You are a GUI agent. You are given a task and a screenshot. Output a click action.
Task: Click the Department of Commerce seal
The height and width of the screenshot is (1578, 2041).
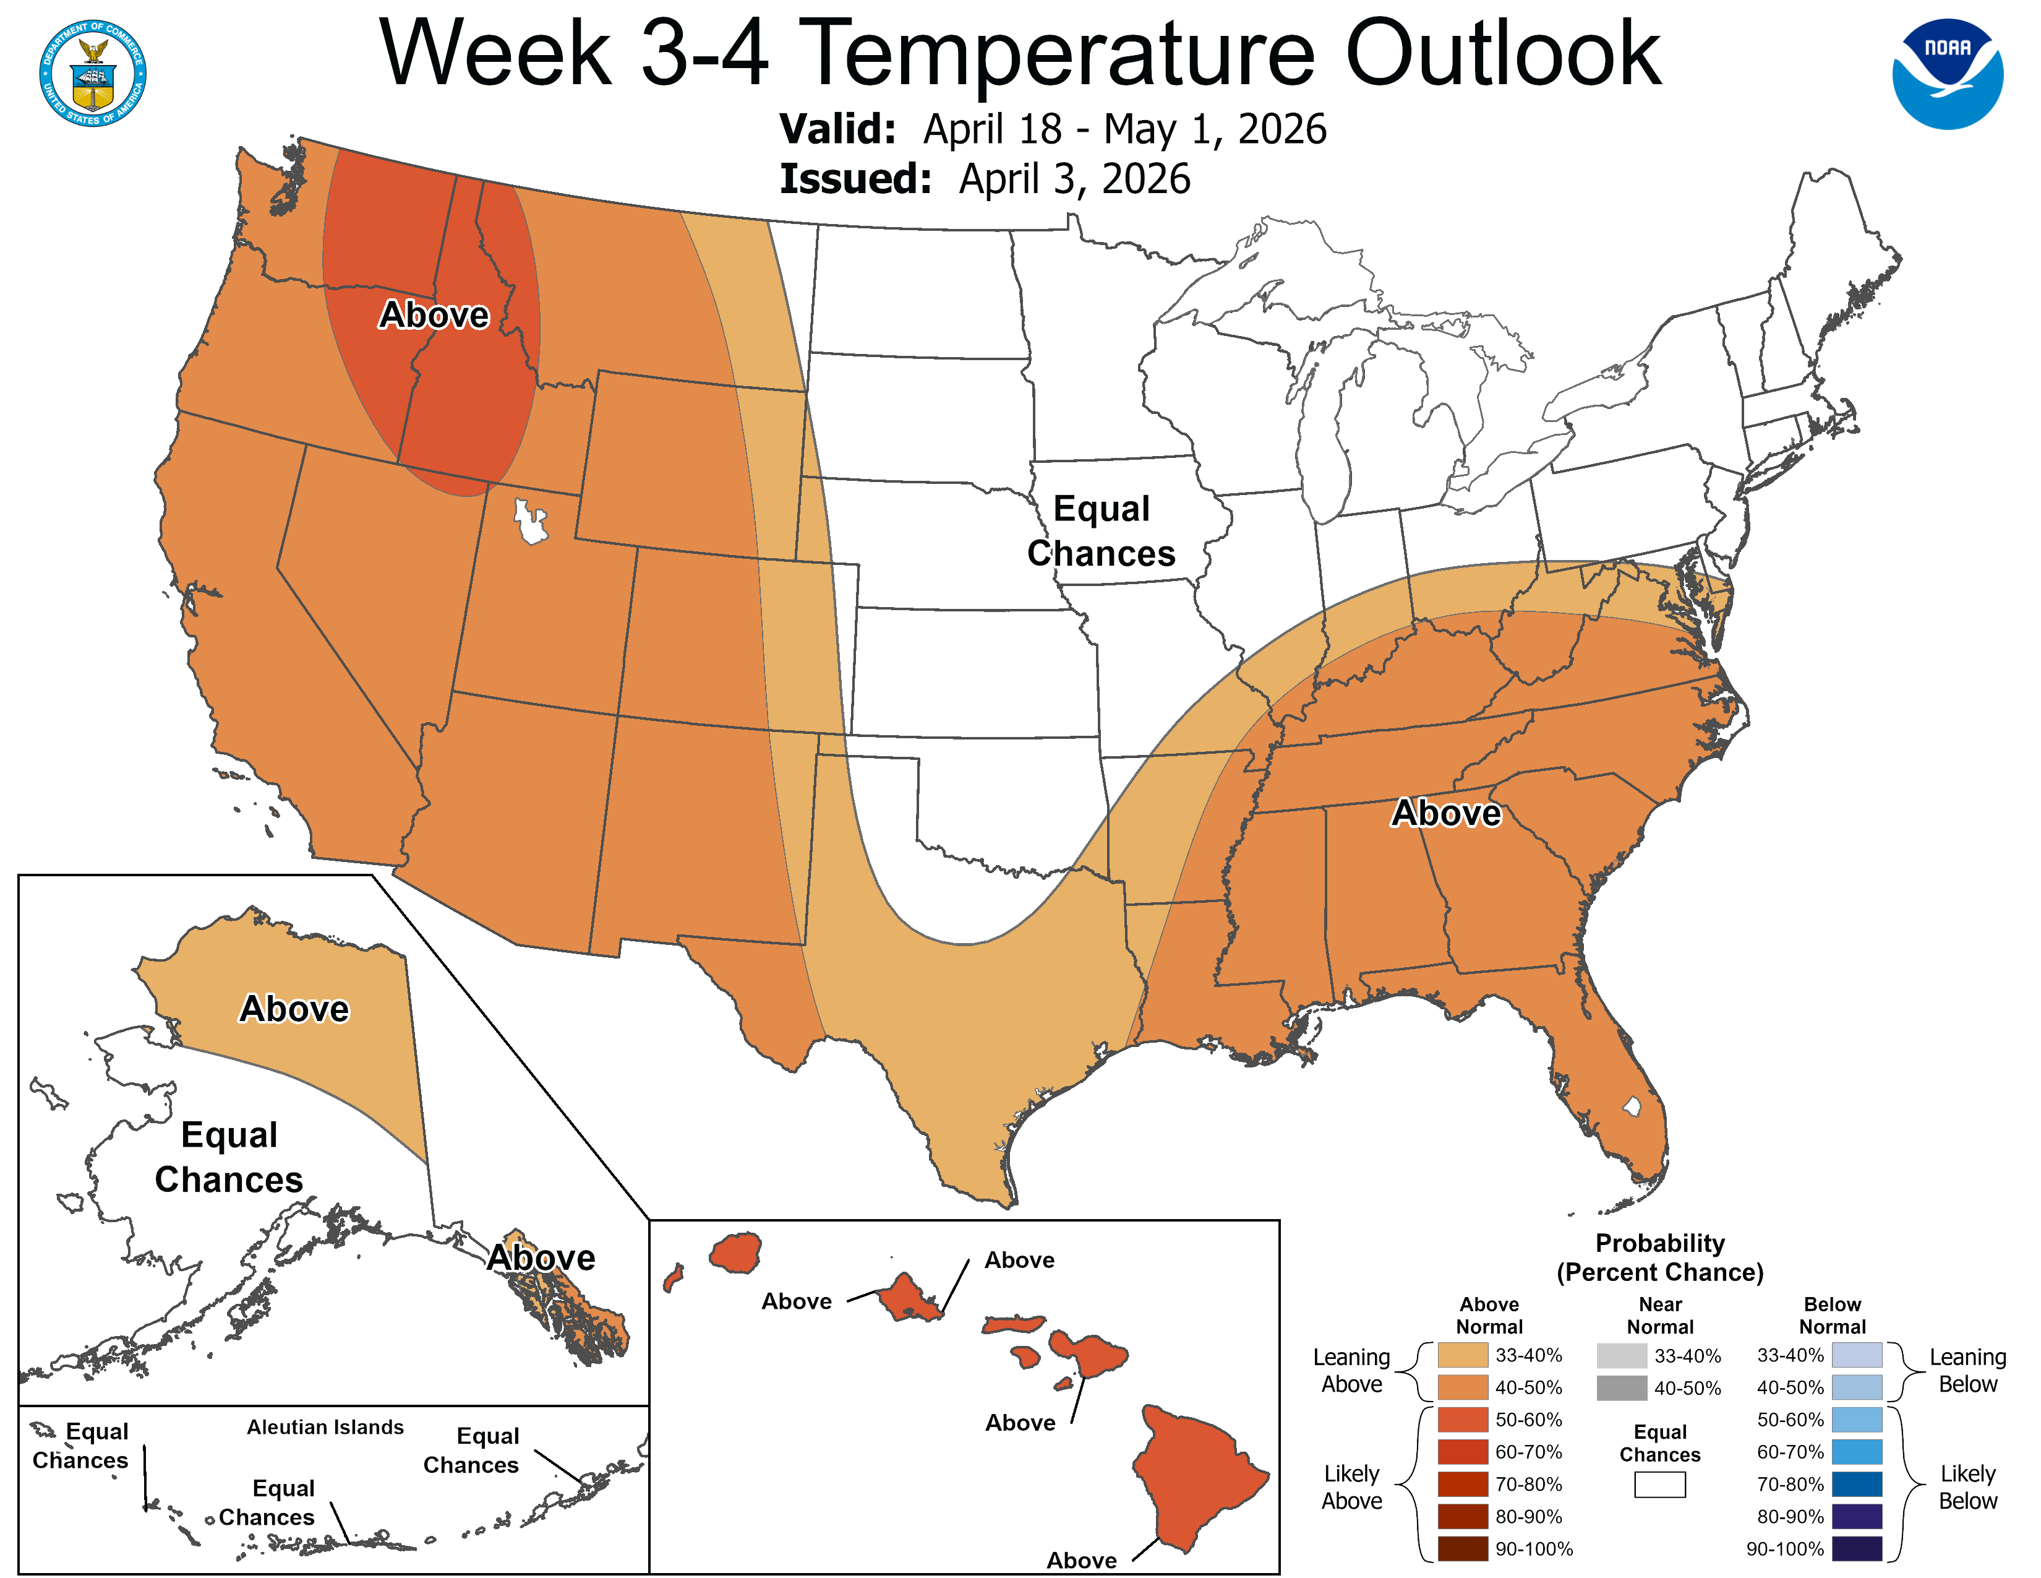tap(93, 73)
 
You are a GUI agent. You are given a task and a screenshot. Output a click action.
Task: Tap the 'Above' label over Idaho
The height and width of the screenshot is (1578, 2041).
tap(434, 315)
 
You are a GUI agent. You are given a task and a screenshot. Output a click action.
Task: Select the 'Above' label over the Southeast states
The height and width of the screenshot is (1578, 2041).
tap(1446, 813)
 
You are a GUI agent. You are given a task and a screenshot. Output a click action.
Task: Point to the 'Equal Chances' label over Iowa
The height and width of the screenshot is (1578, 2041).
tap(1101, 530)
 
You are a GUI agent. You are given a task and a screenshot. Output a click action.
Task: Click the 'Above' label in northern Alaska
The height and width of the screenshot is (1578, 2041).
tap(294, 1009)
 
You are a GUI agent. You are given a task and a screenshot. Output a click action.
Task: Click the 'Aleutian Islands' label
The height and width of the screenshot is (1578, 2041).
tap(325, 1426)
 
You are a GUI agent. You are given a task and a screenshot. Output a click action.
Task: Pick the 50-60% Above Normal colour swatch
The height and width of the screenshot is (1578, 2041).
tap(1463, 1419)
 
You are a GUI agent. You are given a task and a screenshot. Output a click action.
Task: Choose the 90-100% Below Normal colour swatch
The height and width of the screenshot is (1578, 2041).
tap(1856, 1549)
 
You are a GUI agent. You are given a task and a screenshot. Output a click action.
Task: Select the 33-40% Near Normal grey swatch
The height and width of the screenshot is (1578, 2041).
tap(1622, 1355)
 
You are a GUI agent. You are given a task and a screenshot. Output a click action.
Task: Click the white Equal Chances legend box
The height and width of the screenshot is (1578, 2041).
tap(1660, 1485)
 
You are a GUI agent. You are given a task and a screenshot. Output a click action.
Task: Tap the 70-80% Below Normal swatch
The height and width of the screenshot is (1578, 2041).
tap(1856, 1485)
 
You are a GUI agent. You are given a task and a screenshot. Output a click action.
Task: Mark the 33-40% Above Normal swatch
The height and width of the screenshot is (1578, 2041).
tap(1463, 1355)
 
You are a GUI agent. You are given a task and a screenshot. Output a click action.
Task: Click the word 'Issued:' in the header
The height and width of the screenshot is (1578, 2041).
tap(855, 179)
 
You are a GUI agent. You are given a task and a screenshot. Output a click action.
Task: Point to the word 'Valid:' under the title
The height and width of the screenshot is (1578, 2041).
tap(837, 129)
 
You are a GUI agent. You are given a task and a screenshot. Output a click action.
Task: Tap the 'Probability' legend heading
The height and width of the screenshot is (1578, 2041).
tap(1660, 1243)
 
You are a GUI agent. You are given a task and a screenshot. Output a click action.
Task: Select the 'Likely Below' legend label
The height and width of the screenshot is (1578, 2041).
tap(1967, 1486)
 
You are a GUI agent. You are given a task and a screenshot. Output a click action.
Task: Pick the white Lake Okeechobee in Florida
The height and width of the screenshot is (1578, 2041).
tap(1632, 1107)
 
